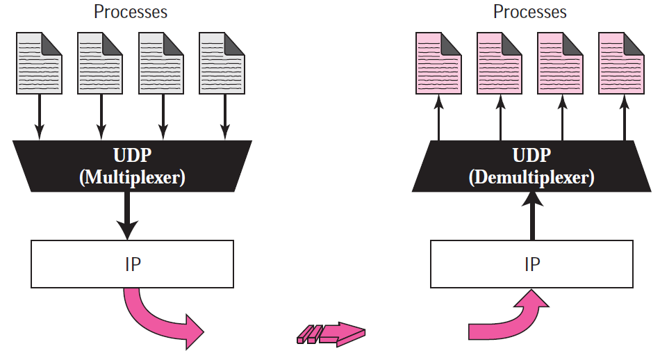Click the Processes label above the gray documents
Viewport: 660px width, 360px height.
pyautogui.click(x=131, y=12)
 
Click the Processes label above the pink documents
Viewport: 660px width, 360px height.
pyautogui.click(x=530, y=12)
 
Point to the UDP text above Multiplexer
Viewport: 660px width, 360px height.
pyautogui.click(x=132, y=156)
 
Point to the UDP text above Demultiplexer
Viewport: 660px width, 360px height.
pyautogui.click(x=531, y=156)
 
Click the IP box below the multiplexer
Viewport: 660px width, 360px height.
pyautogui.click(x=132, y=264)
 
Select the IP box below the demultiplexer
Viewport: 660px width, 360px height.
pyautogui.click(x=531, y=264)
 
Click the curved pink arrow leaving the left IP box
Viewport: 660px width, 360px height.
pyautogui.click(x=156, y=320)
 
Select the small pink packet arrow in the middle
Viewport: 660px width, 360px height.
pyautogui.click(x=330, y=334)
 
